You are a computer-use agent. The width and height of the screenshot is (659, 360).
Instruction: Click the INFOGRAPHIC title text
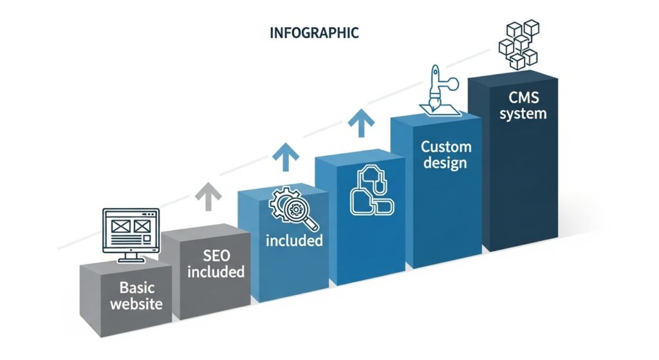(x=314, y=33)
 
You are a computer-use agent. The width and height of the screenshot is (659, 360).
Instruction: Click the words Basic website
(x=136, y=296)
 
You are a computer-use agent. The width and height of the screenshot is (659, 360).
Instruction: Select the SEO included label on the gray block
(x=216, y=263)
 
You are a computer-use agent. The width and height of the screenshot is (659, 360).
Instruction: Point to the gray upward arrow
(x=208, y=196)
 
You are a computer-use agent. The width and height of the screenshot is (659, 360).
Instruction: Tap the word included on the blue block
(x=294, y=241)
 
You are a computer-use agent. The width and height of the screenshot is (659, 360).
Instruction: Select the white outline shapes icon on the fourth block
(x=371, y=191)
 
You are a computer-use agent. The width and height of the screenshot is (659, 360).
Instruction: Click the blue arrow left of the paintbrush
(x=361, y=123)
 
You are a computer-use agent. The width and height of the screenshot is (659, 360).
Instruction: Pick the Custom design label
(x=446, y=155)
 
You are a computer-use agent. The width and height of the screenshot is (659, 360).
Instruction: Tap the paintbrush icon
(x=440, y=90)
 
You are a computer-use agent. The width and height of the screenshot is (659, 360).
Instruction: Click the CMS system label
(x=523, y=106)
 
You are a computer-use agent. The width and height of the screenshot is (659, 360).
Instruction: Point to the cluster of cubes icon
(x=519, y=44)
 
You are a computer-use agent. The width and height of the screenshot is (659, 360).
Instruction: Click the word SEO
(x=216, y=256)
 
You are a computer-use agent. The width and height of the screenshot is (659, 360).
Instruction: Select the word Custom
(x=446, y=147)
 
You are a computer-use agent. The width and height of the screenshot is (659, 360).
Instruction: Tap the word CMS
(x=524, y=98)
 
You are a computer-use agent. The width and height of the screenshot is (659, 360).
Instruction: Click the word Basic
(x=137, y=288)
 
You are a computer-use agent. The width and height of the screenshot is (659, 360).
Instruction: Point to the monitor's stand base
(x=131, y=260)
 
